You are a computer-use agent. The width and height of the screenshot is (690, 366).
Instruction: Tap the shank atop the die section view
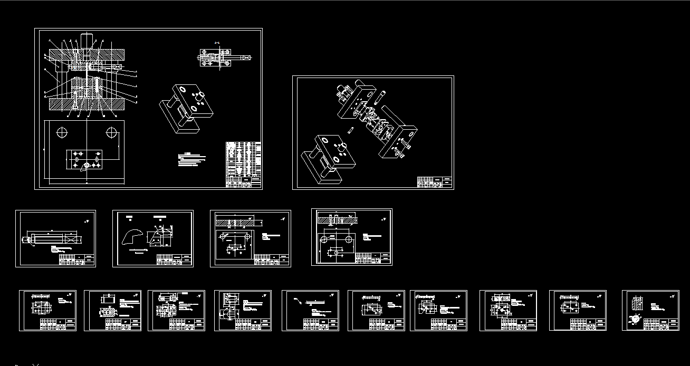click(86, 40)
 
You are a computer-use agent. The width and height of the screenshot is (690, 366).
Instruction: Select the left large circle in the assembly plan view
click(63, 132)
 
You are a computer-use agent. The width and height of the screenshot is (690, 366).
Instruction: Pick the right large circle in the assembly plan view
click(111, 132)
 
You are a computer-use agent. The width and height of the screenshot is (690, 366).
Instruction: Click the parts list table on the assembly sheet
click(243, 164)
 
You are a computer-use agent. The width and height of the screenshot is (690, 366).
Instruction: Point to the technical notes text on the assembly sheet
click(191, 160)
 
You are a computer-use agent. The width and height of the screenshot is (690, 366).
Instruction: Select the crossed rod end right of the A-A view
click(246, 57)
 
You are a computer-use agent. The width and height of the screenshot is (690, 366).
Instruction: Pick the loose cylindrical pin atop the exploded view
click(379, 97)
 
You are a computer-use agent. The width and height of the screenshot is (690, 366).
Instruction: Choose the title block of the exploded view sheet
click(435, 182)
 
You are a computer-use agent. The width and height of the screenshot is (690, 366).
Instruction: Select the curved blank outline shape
click(132, 237)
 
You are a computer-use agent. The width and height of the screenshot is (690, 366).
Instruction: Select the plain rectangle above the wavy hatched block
click(108, 298)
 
